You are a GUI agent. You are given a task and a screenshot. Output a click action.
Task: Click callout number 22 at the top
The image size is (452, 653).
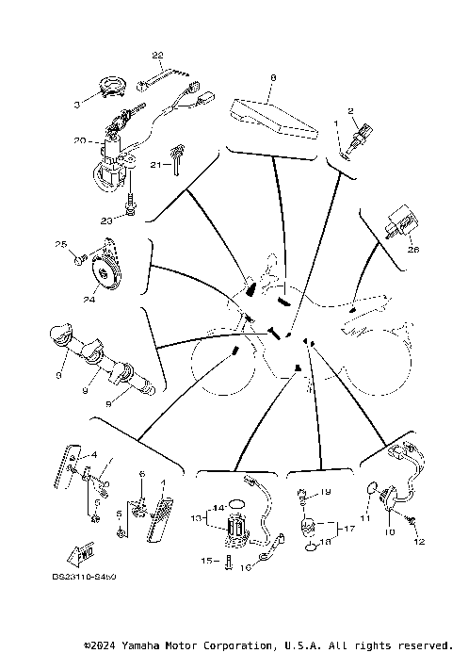pos(157,56)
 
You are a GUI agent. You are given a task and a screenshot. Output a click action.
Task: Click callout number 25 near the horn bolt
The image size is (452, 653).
pos(61,245)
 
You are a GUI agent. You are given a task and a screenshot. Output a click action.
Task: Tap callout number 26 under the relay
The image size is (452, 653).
pos(412,251)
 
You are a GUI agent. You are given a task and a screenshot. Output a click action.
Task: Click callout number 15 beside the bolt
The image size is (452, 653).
pos(204,561)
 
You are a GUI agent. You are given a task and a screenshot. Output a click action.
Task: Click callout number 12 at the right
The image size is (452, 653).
pos(420,541)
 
